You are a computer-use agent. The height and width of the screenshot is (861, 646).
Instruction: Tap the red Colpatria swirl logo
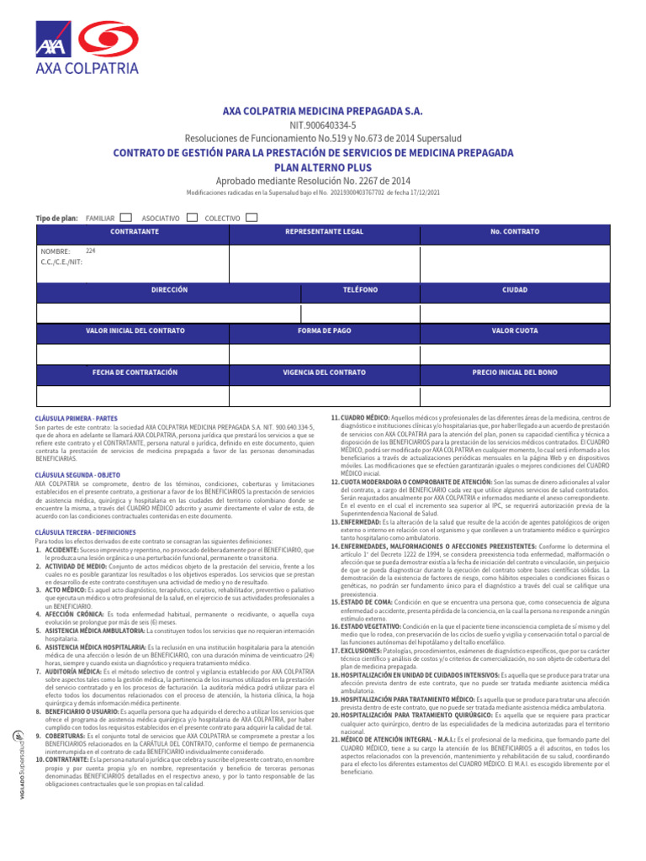coord(103,38)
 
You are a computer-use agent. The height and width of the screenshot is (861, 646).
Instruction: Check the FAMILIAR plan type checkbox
coord(126,218)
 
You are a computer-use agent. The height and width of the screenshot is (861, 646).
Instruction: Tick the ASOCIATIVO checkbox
coord(192,218)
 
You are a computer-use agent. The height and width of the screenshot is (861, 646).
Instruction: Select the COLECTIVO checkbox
coord(252,218)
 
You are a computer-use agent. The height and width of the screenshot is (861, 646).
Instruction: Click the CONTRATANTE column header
coord(135,230)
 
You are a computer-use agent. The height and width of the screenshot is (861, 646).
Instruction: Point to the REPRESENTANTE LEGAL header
coord(324,230)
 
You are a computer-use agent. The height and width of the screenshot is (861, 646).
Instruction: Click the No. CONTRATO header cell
coord(515,230)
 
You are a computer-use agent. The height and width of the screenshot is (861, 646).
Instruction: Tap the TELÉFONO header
coord(360,290)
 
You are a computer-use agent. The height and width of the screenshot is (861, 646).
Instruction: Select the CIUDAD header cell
coord(515,290)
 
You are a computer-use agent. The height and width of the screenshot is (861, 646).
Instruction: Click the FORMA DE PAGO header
coord(324,330)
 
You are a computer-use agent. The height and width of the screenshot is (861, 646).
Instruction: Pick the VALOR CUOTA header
coord(515,330)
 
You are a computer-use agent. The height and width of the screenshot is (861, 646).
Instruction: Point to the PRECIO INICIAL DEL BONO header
coord(515,371)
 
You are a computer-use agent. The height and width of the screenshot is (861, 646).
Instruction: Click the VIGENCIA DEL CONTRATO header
coord(324,371)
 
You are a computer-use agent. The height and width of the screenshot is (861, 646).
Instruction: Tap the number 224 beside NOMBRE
coord(91,251)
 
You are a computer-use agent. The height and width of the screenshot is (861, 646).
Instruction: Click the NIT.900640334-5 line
coord(323,124)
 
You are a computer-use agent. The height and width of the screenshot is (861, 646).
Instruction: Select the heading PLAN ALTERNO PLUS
coord(323,166)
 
